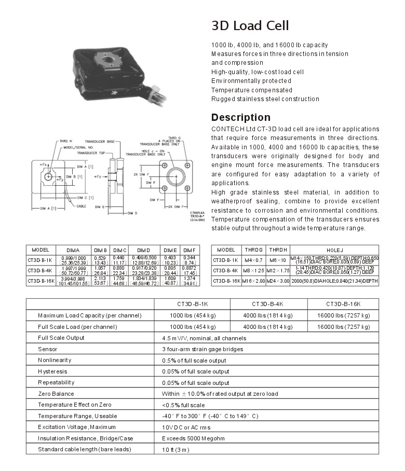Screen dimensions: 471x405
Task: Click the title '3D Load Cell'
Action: pos(250,25)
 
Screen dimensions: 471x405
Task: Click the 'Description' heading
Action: pos(241,117)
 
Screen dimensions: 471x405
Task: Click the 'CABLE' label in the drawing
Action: pos(82,205)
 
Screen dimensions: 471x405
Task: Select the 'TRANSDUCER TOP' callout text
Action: pos(91,154)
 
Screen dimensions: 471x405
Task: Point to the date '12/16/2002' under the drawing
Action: pos(198,221)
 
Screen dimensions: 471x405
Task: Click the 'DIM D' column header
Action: pos(143,250)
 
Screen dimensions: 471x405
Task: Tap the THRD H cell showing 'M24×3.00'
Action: pos(278,281)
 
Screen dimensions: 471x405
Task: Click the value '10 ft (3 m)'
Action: pos(176,449)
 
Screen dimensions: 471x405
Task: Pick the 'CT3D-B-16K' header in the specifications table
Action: pos(343,304)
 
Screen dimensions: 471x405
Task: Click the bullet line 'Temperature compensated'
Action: pos(251,90)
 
